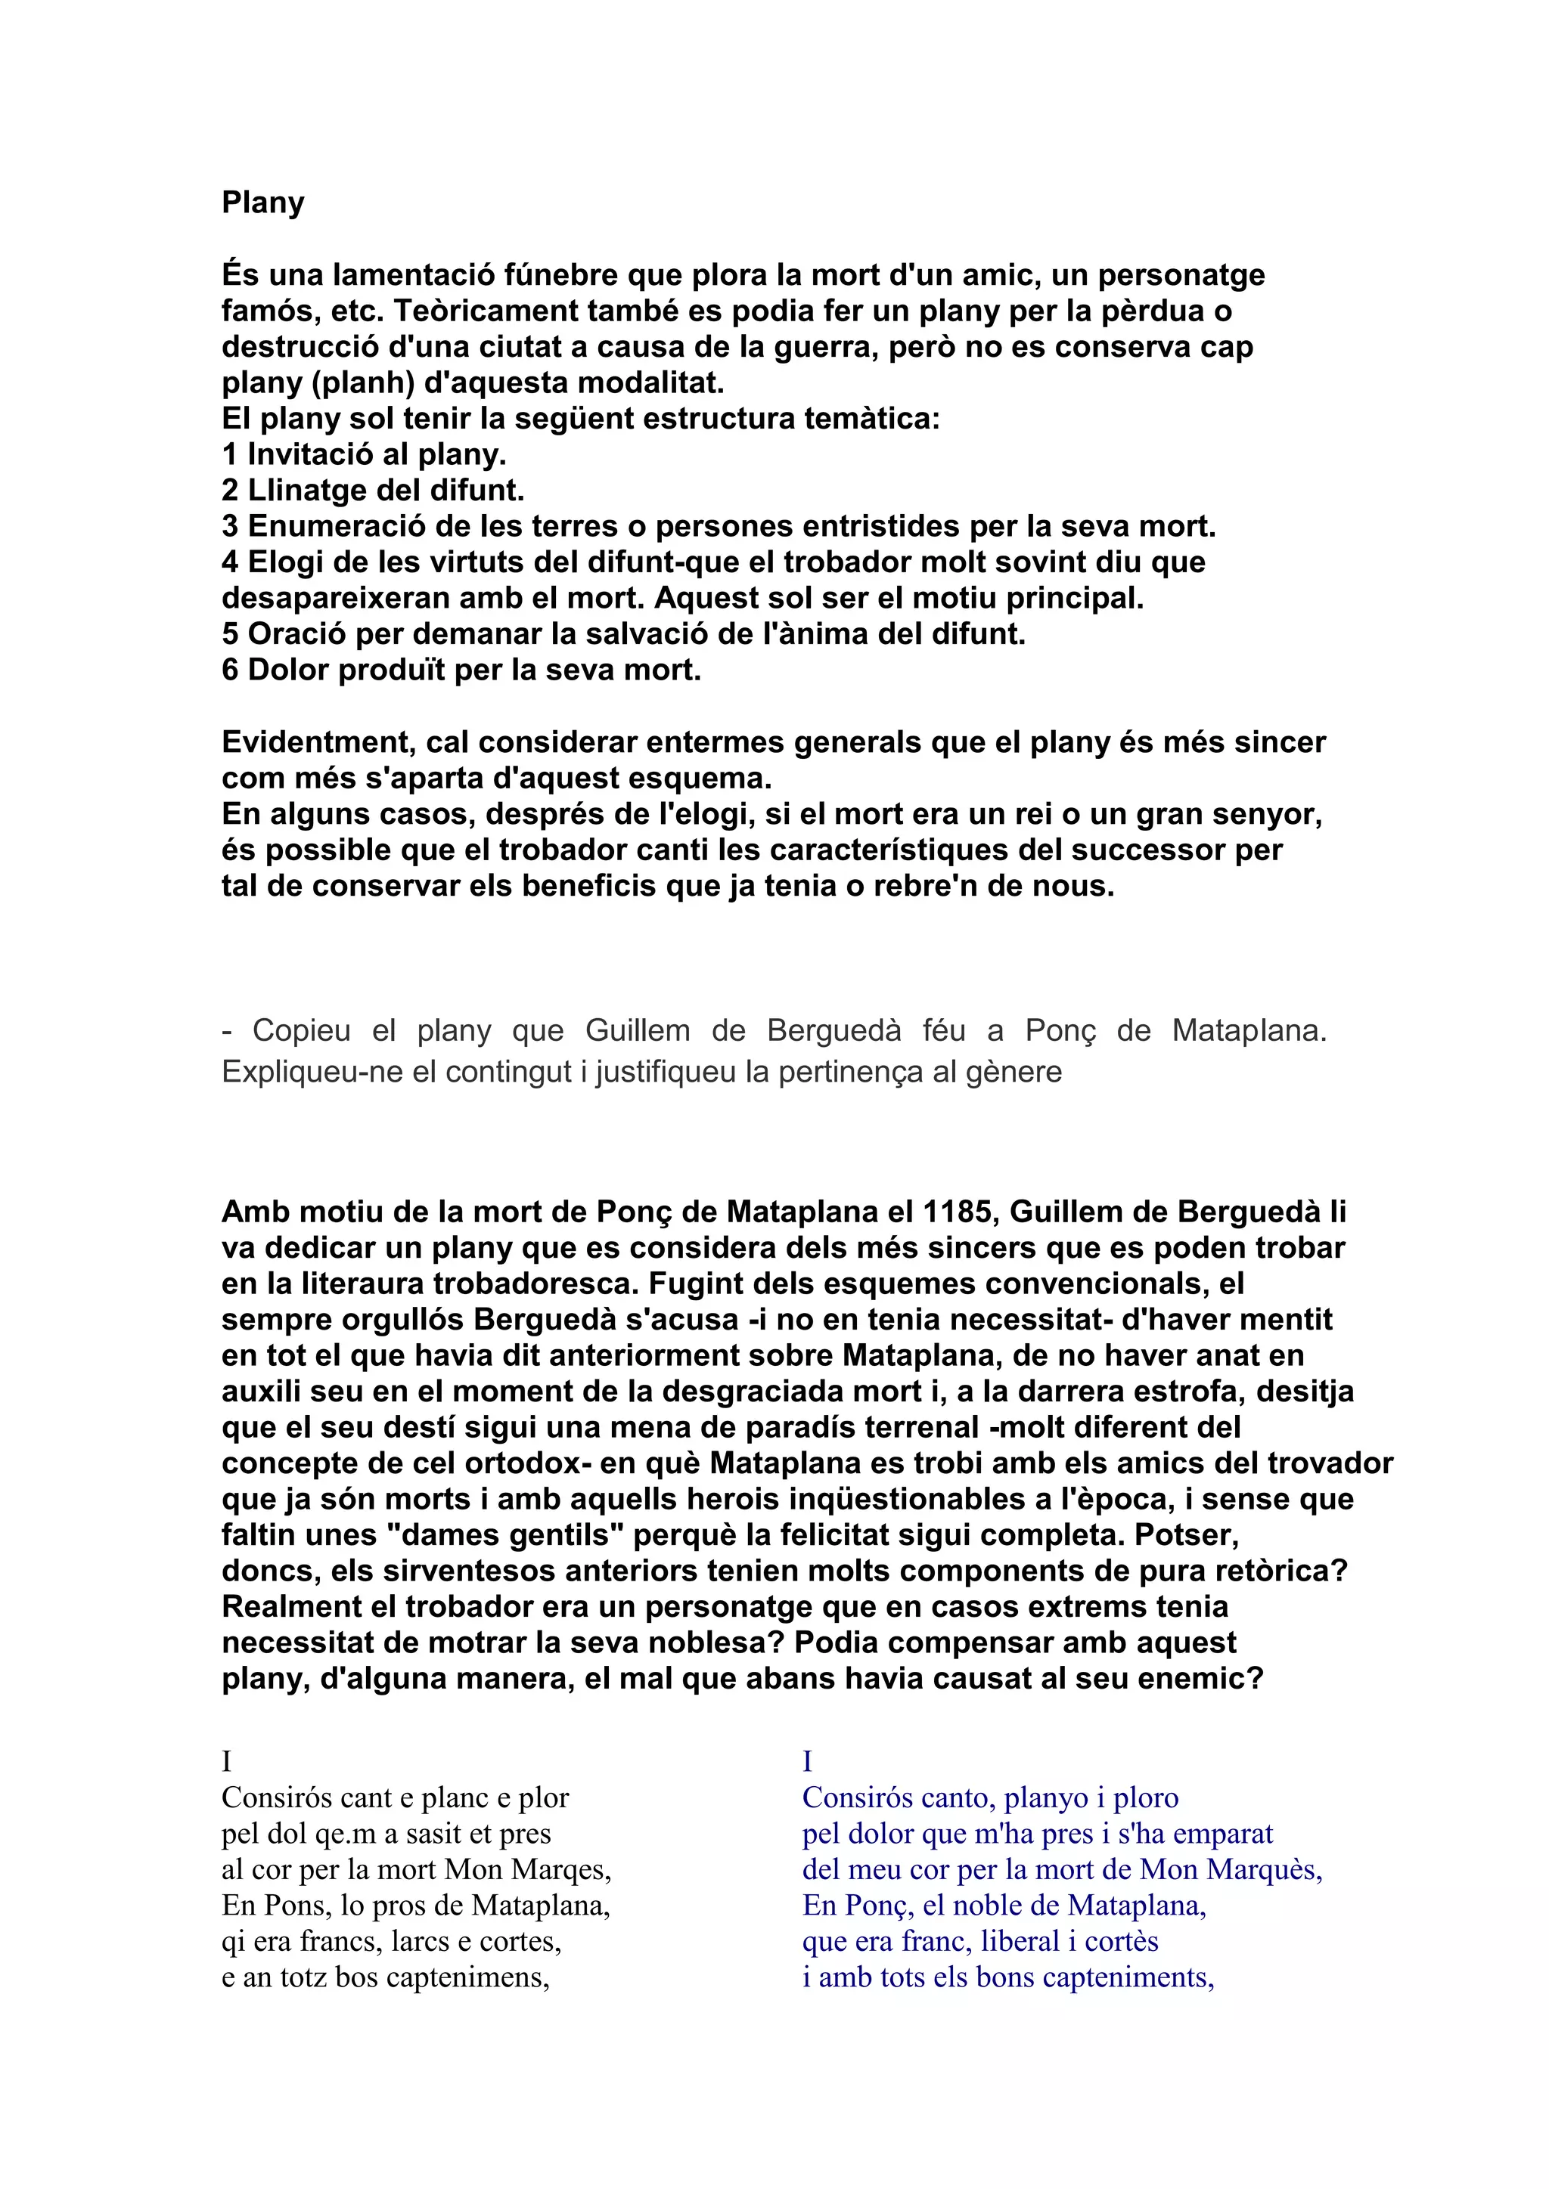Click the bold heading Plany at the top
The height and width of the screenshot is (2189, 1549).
[x=262, y=203]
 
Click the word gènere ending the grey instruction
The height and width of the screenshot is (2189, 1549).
[x=1014, y=1073]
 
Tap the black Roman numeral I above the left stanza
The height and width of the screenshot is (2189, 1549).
[x=227, y=1761]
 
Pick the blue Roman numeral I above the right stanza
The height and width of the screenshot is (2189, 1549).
[x=807, y=1761]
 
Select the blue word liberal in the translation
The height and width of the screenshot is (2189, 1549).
[x=1020, y=1941]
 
